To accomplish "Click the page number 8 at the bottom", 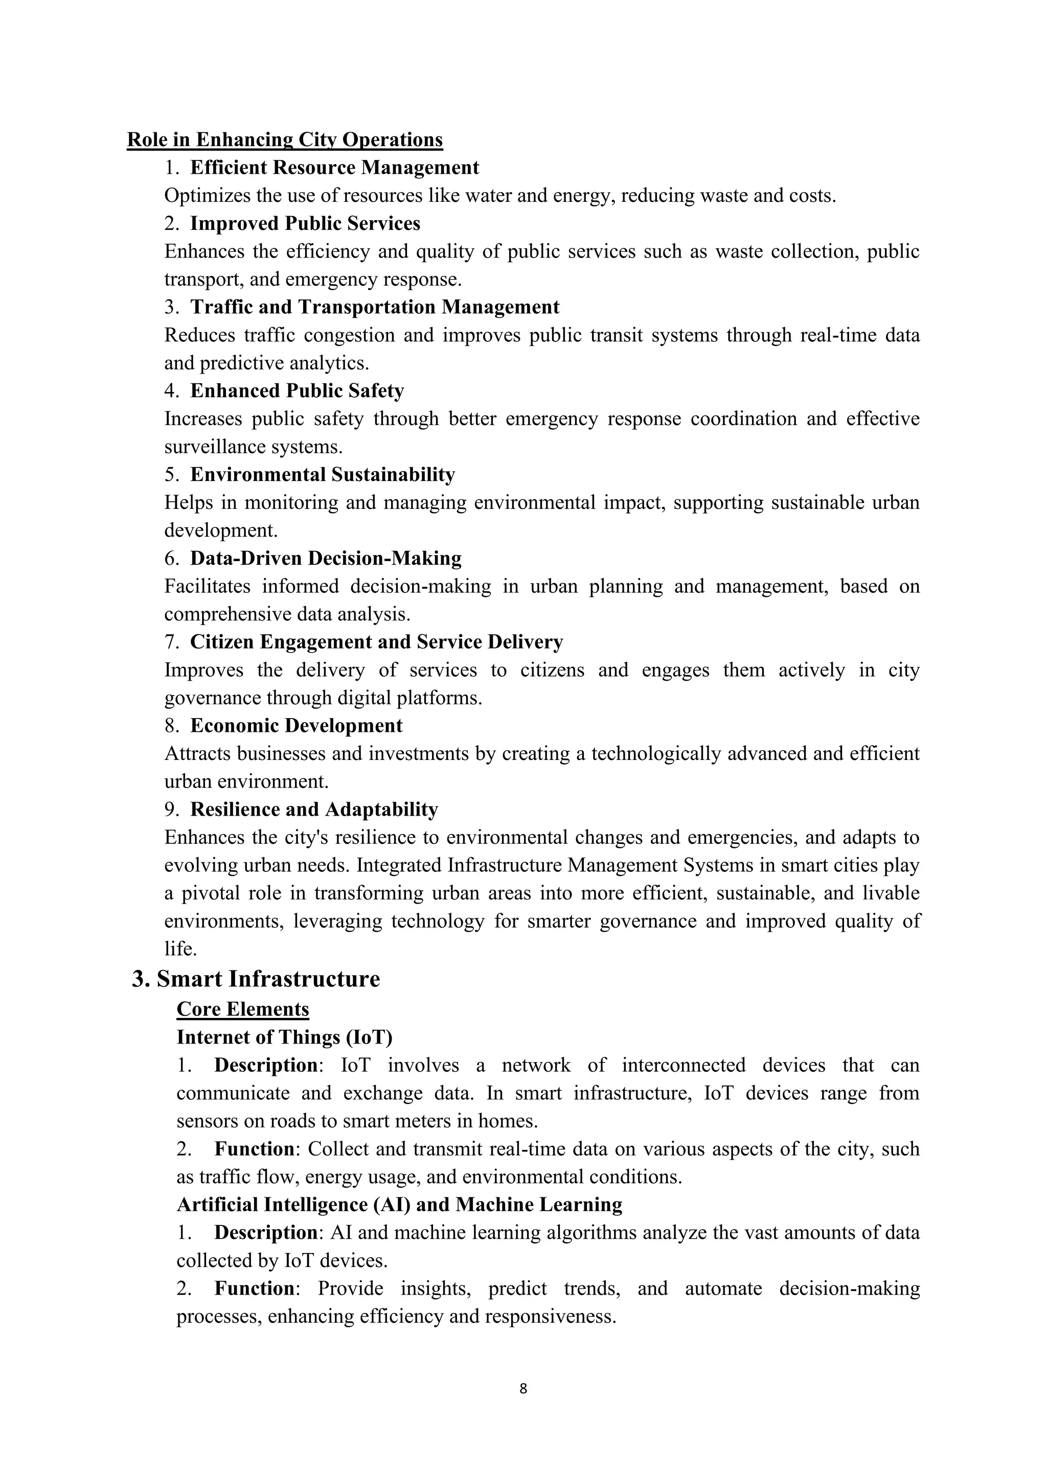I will [x=523, y=1389].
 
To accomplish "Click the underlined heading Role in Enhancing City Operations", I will [x=284, y=140].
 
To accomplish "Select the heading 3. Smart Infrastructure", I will [x=256, y=979].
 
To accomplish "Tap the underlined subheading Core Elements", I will [x=242, y=1009].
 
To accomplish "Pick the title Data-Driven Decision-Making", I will [x=326, y=558].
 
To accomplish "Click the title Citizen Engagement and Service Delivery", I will [x=376, y=642].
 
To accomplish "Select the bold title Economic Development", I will [x=296, y=726].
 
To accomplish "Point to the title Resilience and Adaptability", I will [x=314, y=810].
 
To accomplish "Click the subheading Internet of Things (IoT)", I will [x=284, y=1037].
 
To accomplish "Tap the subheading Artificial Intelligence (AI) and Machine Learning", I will [x=399, y=1205].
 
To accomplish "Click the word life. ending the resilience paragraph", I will [x=180, y=949].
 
